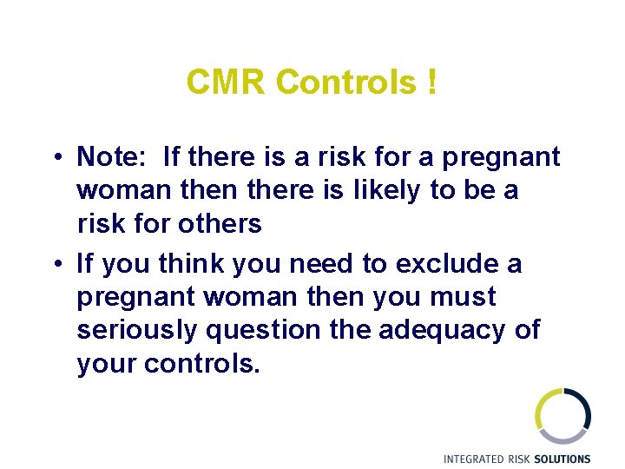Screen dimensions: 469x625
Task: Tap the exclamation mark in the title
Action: [431, 83]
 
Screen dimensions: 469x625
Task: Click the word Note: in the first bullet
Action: [111, 157]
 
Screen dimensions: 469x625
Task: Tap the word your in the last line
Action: [108, 364]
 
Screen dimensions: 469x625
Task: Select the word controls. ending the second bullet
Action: [202, 364]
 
